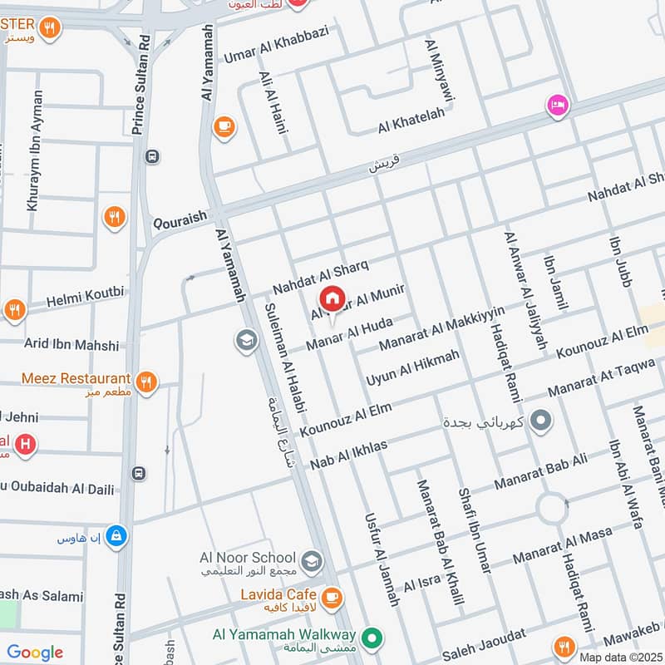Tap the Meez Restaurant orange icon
[147, 381]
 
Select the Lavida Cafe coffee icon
[331, 596]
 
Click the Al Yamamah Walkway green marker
[373, 638]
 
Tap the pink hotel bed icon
[557, 106]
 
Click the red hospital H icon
[26, 445]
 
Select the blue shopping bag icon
[117, 536]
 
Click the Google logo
[35, 653]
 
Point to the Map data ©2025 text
[620, 657]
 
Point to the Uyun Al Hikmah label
[412, 367]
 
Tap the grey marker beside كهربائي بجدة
[541, 421]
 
